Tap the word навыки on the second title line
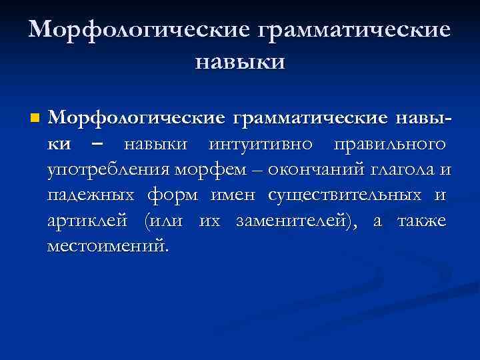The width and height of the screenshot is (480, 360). coord(239,62)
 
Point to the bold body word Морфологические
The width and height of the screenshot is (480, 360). coord(135,118)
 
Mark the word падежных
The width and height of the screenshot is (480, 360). coord(89,195)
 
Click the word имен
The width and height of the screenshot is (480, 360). coord(234,195)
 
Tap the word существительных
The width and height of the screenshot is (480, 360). coord(345,195)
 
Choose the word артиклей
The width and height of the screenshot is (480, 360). coord(89,221)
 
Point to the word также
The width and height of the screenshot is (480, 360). coord(421,221)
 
